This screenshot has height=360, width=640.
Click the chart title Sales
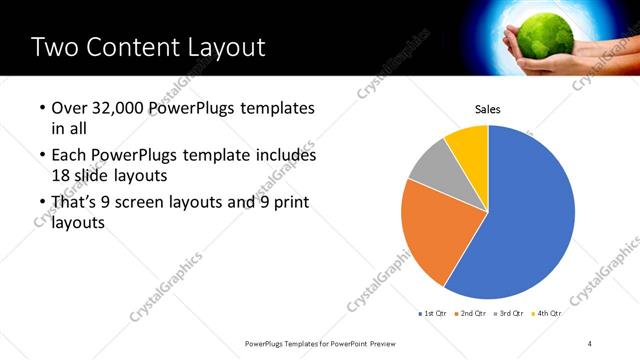pyautogui.click(x=487, y=110)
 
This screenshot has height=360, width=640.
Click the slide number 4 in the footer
pyautogui.click(x=590, y=343)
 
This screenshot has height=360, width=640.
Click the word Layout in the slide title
pyautogui.click(x=228, y=47)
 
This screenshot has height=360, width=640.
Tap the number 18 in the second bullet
pyautogui.click(x=60, y=175)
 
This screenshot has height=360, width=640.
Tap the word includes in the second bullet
pyautogui.click(x=282, y=156)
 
